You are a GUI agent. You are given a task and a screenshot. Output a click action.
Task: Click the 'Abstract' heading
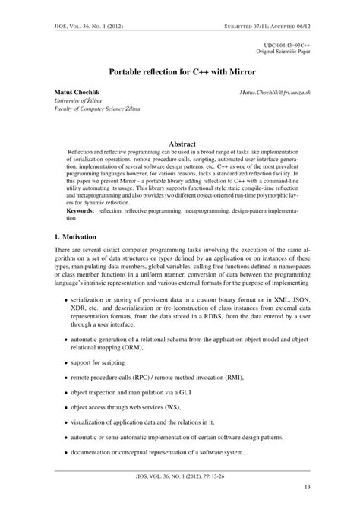coord(182,143)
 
